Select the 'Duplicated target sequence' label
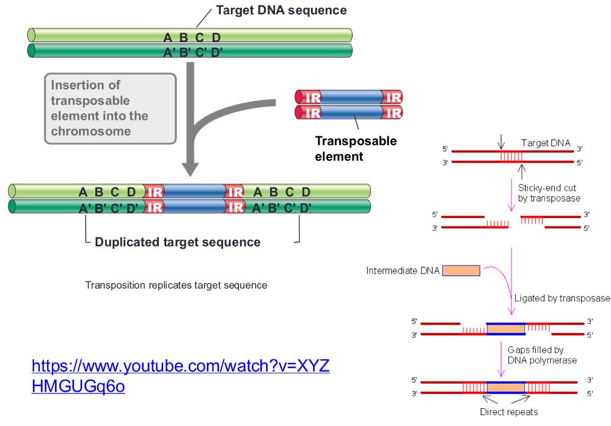pyautogui.click(x=178, y=242)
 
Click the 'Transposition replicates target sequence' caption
pyautogui.click(x=176, y=285)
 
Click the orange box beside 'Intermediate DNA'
pyautogui.click(x=461, y=271)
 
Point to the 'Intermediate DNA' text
pyautogui.click(x=402, y=271)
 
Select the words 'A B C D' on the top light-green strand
pyautogui.click(x=191, y=38)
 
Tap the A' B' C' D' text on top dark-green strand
pyautogui.click(x=191, y=51)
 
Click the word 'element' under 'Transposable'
pyautogui.click(x=339, y=157)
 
